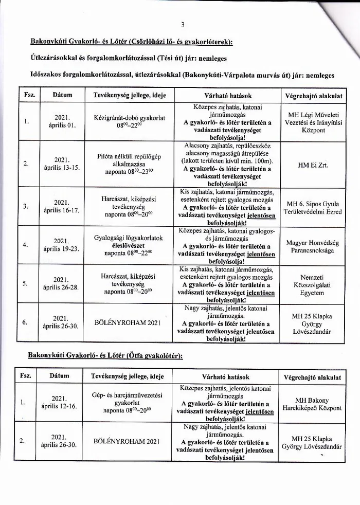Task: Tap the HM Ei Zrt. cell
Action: point(313,166)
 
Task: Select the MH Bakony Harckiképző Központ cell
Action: point(312,404)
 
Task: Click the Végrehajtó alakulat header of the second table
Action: point(312,377)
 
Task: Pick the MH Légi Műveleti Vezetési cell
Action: point(313,122)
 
